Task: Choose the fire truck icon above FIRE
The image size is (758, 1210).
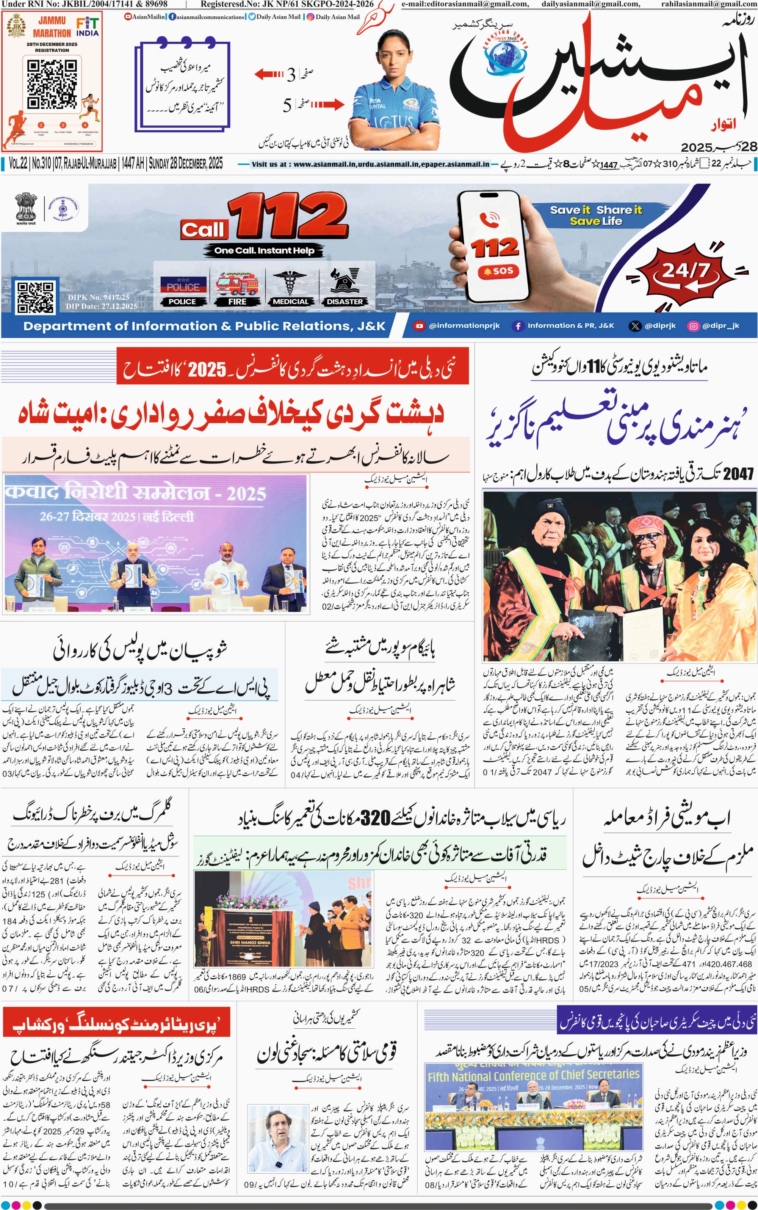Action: (x=237, y=284)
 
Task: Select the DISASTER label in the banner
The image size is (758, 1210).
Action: (x=345, y=302)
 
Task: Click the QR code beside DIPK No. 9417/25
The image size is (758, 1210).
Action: (x=35, y=297)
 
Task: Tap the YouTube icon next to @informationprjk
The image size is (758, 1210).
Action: (x=419, y=325)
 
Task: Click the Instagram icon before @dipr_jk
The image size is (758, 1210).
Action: (x=693, y=325)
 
